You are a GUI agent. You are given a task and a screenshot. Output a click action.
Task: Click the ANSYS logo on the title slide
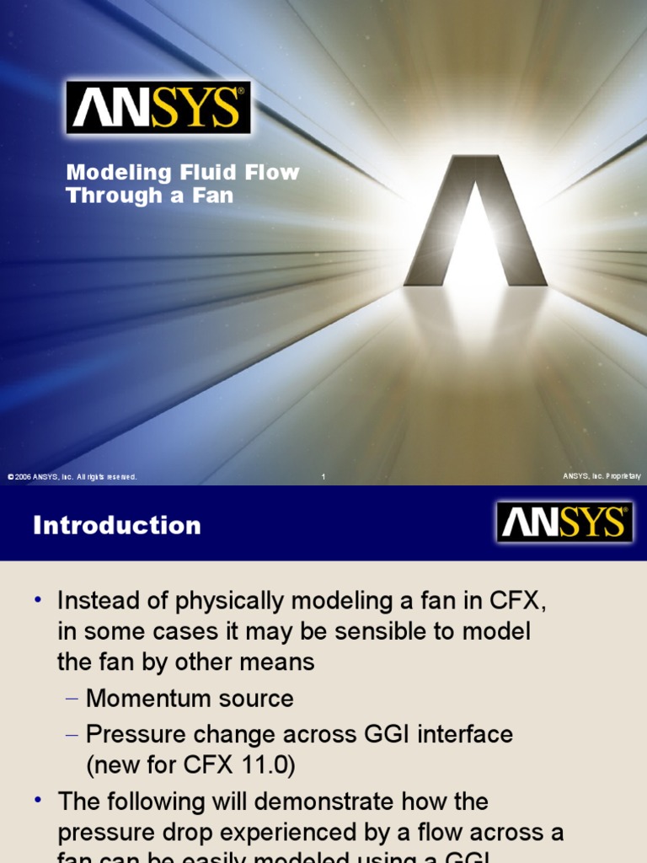pos(158,107)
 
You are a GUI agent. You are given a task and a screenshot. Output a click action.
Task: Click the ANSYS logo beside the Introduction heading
pos(564,523)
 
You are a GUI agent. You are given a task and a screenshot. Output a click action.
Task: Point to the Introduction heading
pos(117,526)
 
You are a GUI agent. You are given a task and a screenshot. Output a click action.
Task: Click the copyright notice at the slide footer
pos(72,477)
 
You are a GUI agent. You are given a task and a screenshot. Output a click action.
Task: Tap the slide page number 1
pos(323,477)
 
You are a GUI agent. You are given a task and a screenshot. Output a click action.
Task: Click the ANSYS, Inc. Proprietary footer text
pos(602,477)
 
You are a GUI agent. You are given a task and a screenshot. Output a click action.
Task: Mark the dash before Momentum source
pos(72,699)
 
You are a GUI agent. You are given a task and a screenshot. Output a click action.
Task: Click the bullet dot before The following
pos(38,801)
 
